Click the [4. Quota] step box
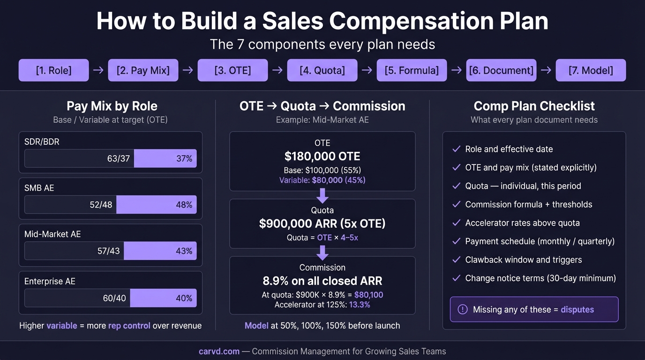[x=322, y=70]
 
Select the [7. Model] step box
[x=591, y=70]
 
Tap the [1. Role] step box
[x=53, y=70]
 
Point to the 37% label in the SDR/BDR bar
[x=184, y=158]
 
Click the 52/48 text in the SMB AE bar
[x=101, y=205]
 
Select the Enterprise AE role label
[x=50, y=281]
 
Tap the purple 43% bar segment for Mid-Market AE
[x=160, y=251]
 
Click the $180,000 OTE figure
[x=322, y=157]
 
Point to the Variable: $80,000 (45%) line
[x=322, y=180]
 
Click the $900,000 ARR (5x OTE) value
[x=322, y=224]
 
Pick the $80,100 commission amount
[x=368, y=295]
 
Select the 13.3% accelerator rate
[x=360, y=305]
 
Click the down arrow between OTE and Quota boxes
[x=322, y=195]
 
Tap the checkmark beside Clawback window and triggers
[x=456, y=260]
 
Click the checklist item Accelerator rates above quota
[x=522, y=223]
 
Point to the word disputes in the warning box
[x=577, y=309]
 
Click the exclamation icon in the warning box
[x=462, y=309]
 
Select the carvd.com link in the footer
[x=219, y=351]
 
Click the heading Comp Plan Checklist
[x=534, y=106]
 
